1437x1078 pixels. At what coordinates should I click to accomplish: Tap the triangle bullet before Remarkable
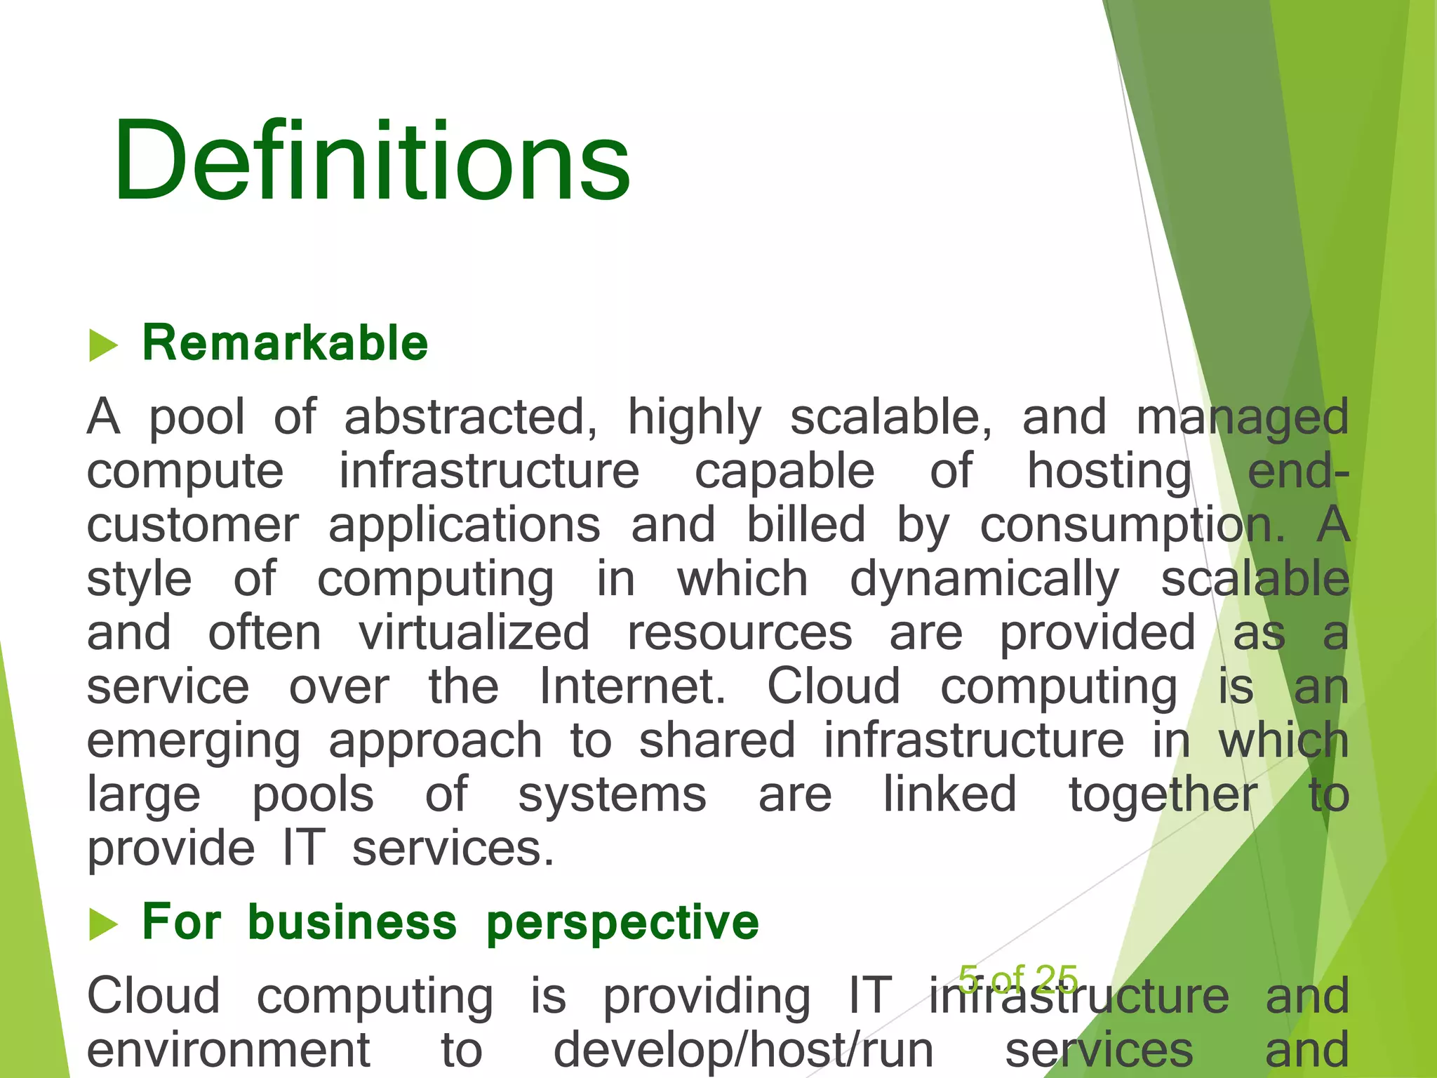click(103, 345)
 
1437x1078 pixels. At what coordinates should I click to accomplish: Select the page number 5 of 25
click(1018, 978)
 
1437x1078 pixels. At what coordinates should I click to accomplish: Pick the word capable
click(784, 471)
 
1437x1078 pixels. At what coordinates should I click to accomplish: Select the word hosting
click(1109, 472)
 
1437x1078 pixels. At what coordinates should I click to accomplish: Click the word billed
click(806, 525)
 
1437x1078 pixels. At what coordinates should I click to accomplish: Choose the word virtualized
click(474, 632)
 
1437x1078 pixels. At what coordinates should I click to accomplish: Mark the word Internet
click(631, 686)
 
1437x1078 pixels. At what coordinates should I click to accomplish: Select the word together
click(1163, 795)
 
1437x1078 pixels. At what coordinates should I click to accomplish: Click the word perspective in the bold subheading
click(622, 924)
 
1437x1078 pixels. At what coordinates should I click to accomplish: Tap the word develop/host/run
click(743, 1050)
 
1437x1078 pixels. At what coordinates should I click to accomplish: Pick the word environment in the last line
click(229, 1050)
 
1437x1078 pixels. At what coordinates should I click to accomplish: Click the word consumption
click(1132, 526)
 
